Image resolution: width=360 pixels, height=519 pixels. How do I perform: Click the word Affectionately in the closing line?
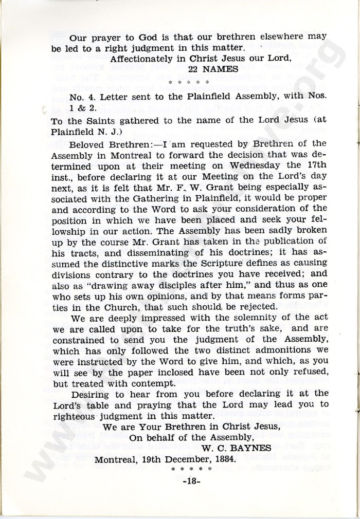pos(145,59)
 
